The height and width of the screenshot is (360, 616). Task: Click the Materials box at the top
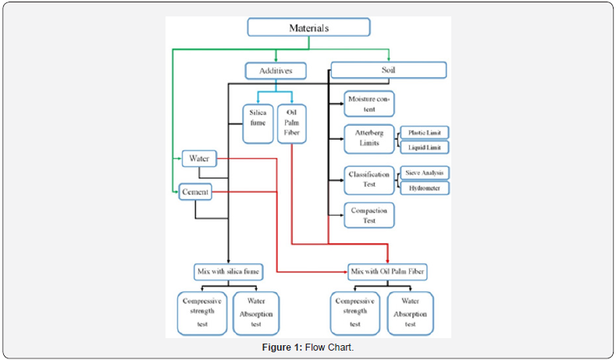(308, 27)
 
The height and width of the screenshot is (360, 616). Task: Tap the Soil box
(388, 70)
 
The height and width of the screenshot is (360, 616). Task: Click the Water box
(198, 159)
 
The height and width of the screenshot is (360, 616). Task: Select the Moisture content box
(370, 104)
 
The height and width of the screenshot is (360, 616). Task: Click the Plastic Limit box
(425, 133)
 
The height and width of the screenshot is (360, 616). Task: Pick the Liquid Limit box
(425, 147)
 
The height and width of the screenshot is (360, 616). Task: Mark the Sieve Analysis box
(425, 173)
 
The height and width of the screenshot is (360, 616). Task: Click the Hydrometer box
(425, 187)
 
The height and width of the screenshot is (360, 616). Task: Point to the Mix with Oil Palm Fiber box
(389, 272)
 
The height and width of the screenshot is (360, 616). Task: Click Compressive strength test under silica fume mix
(203, 313)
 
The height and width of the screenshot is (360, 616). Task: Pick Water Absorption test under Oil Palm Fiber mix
(410, 313)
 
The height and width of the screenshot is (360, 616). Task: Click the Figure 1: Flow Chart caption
(308, 348)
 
